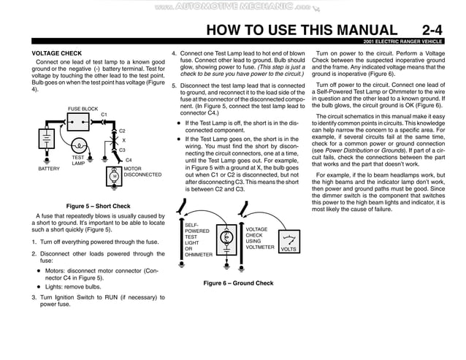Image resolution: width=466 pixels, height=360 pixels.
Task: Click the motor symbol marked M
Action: (x=114, y=175)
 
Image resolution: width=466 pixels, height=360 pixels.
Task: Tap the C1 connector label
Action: (x=104, y=115)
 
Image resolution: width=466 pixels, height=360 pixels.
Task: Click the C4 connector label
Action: (x=129, y=160)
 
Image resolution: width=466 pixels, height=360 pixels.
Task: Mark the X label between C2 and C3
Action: (x=123, y=140)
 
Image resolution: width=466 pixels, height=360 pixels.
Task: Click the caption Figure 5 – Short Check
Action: (x=98, y=206)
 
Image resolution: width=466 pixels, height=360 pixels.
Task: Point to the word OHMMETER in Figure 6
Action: (x=199, y=255)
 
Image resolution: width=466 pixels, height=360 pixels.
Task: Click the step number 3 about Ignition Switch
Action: (x=34, y=297)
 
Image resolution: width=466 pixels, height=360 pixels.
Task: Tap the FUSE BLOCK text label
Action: (x=83, y=109)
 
